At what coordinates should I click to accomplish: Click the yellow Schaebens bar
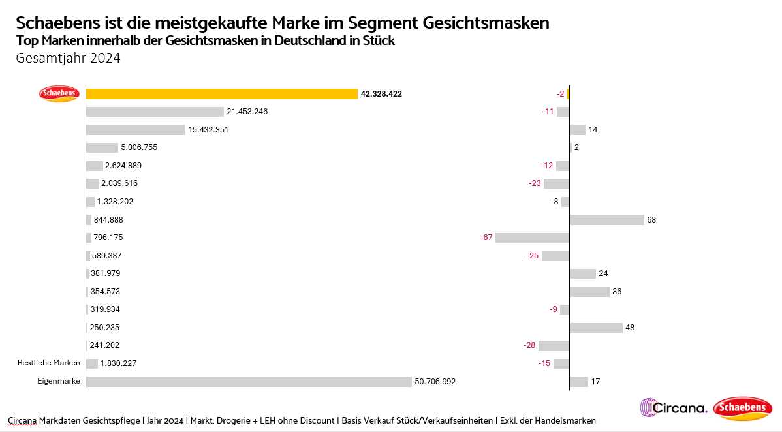(x=221, y=94)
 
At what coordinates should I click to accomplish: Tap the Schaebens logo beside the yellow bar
(x=59, y=94)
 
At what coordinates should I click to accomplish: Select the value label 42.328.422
(x=381, y=94)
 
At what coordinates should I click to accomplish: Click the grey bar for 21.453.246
(x=155, y=112)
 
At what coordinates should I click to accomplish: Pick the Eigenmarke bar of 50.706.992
(x=249, y=381)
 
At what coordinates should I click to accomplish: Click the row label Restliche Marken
(x=49, y=363)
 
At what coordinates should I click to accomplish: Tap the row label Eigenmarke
(x=59, y=381)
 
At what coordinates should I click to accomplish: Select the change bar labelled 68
(x=607, y=219)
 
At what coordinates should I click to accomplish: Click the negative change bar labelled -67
(x=533, y=238)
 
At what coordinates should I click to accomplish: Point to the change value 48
(x=630, y=328)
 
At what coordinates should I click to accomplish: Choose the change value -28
(x=529, y=345)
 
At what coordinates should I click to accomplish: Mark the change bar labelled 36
(x=589, y=292)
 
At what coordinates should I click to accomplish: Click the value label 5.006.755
(x=139, y=147)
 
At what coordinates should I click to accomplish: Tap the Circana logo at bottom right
(x=674, y=409)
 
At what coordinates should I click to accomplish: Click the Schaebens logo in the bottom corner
(x=743, y=409)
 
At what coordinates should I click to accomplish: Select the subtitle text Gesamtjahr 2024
(x=69, y=58)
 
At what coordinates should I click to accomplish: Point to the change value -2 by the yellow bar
(x=561, y=94)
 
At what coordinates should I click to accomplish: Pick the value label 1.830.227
(x=118, y=363)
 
